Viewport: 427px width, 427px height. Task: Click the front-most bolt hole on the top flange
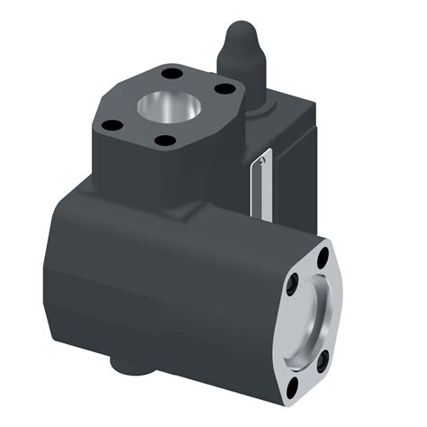(164, 141)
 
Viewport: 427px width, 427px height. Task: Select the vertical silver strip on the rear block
(260, 185)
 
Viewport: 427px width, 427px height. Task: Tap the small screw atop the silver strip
(261, 160)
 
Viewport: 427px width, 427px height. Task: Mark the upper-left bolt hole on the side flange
(296, 285)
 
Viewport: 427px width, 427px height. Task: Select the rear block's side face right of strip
(293, 180)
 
